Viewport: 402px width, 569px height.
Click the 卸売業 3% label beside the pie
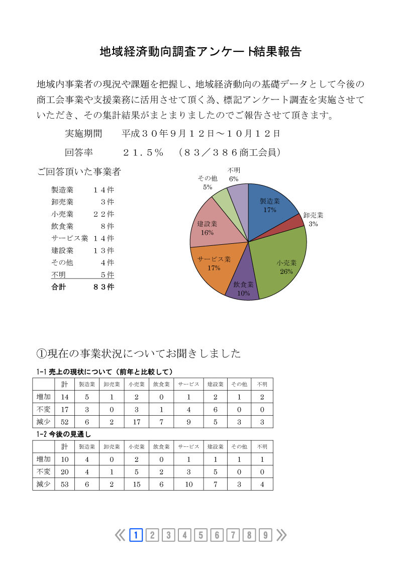tap(313, 219)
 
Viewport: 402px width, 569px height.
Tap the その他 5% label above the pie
tap(207, 182)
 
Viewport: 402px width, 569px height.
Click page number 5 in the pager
tap(200, 535)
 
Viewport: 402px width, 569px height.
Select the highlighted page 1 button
tap(136, 535)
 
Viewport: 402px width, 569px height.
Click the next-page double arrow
tap(281, 535)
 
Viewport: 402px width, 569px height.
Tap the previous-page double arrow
tap(120, 535)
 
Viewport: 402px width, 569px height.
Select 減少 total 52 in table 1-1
tap(64, 421)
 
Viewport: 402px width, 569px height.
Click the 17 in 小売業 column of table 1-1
tap(136, 421)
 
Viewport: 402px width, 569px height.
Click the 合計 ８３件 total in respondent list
tap(82, 287)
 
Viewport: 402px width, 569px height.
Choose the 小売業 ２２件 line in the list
tap(82, 214)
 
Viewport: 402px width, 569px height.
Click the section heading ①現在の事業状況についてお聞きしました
tap(139, 353)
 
